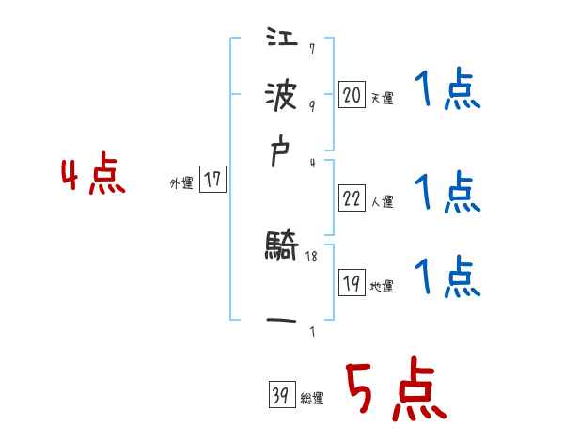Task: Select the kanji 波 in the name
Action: click(282, 97)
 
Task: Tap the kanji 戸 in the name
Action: click(282, 156)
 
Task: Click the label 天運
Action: click(382, 98)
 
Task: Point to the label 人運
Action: click(382, 201)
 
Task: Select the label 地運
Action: click(382, 286)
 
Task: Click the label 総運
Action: click(311, 398)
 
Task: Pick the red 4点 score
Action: click(93, 177)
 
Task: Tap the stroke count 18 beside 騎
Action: click(313, 256)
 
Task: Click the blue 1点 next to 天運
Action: click(447, 92)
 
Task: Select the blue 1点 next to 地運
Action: click(447, 276)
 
